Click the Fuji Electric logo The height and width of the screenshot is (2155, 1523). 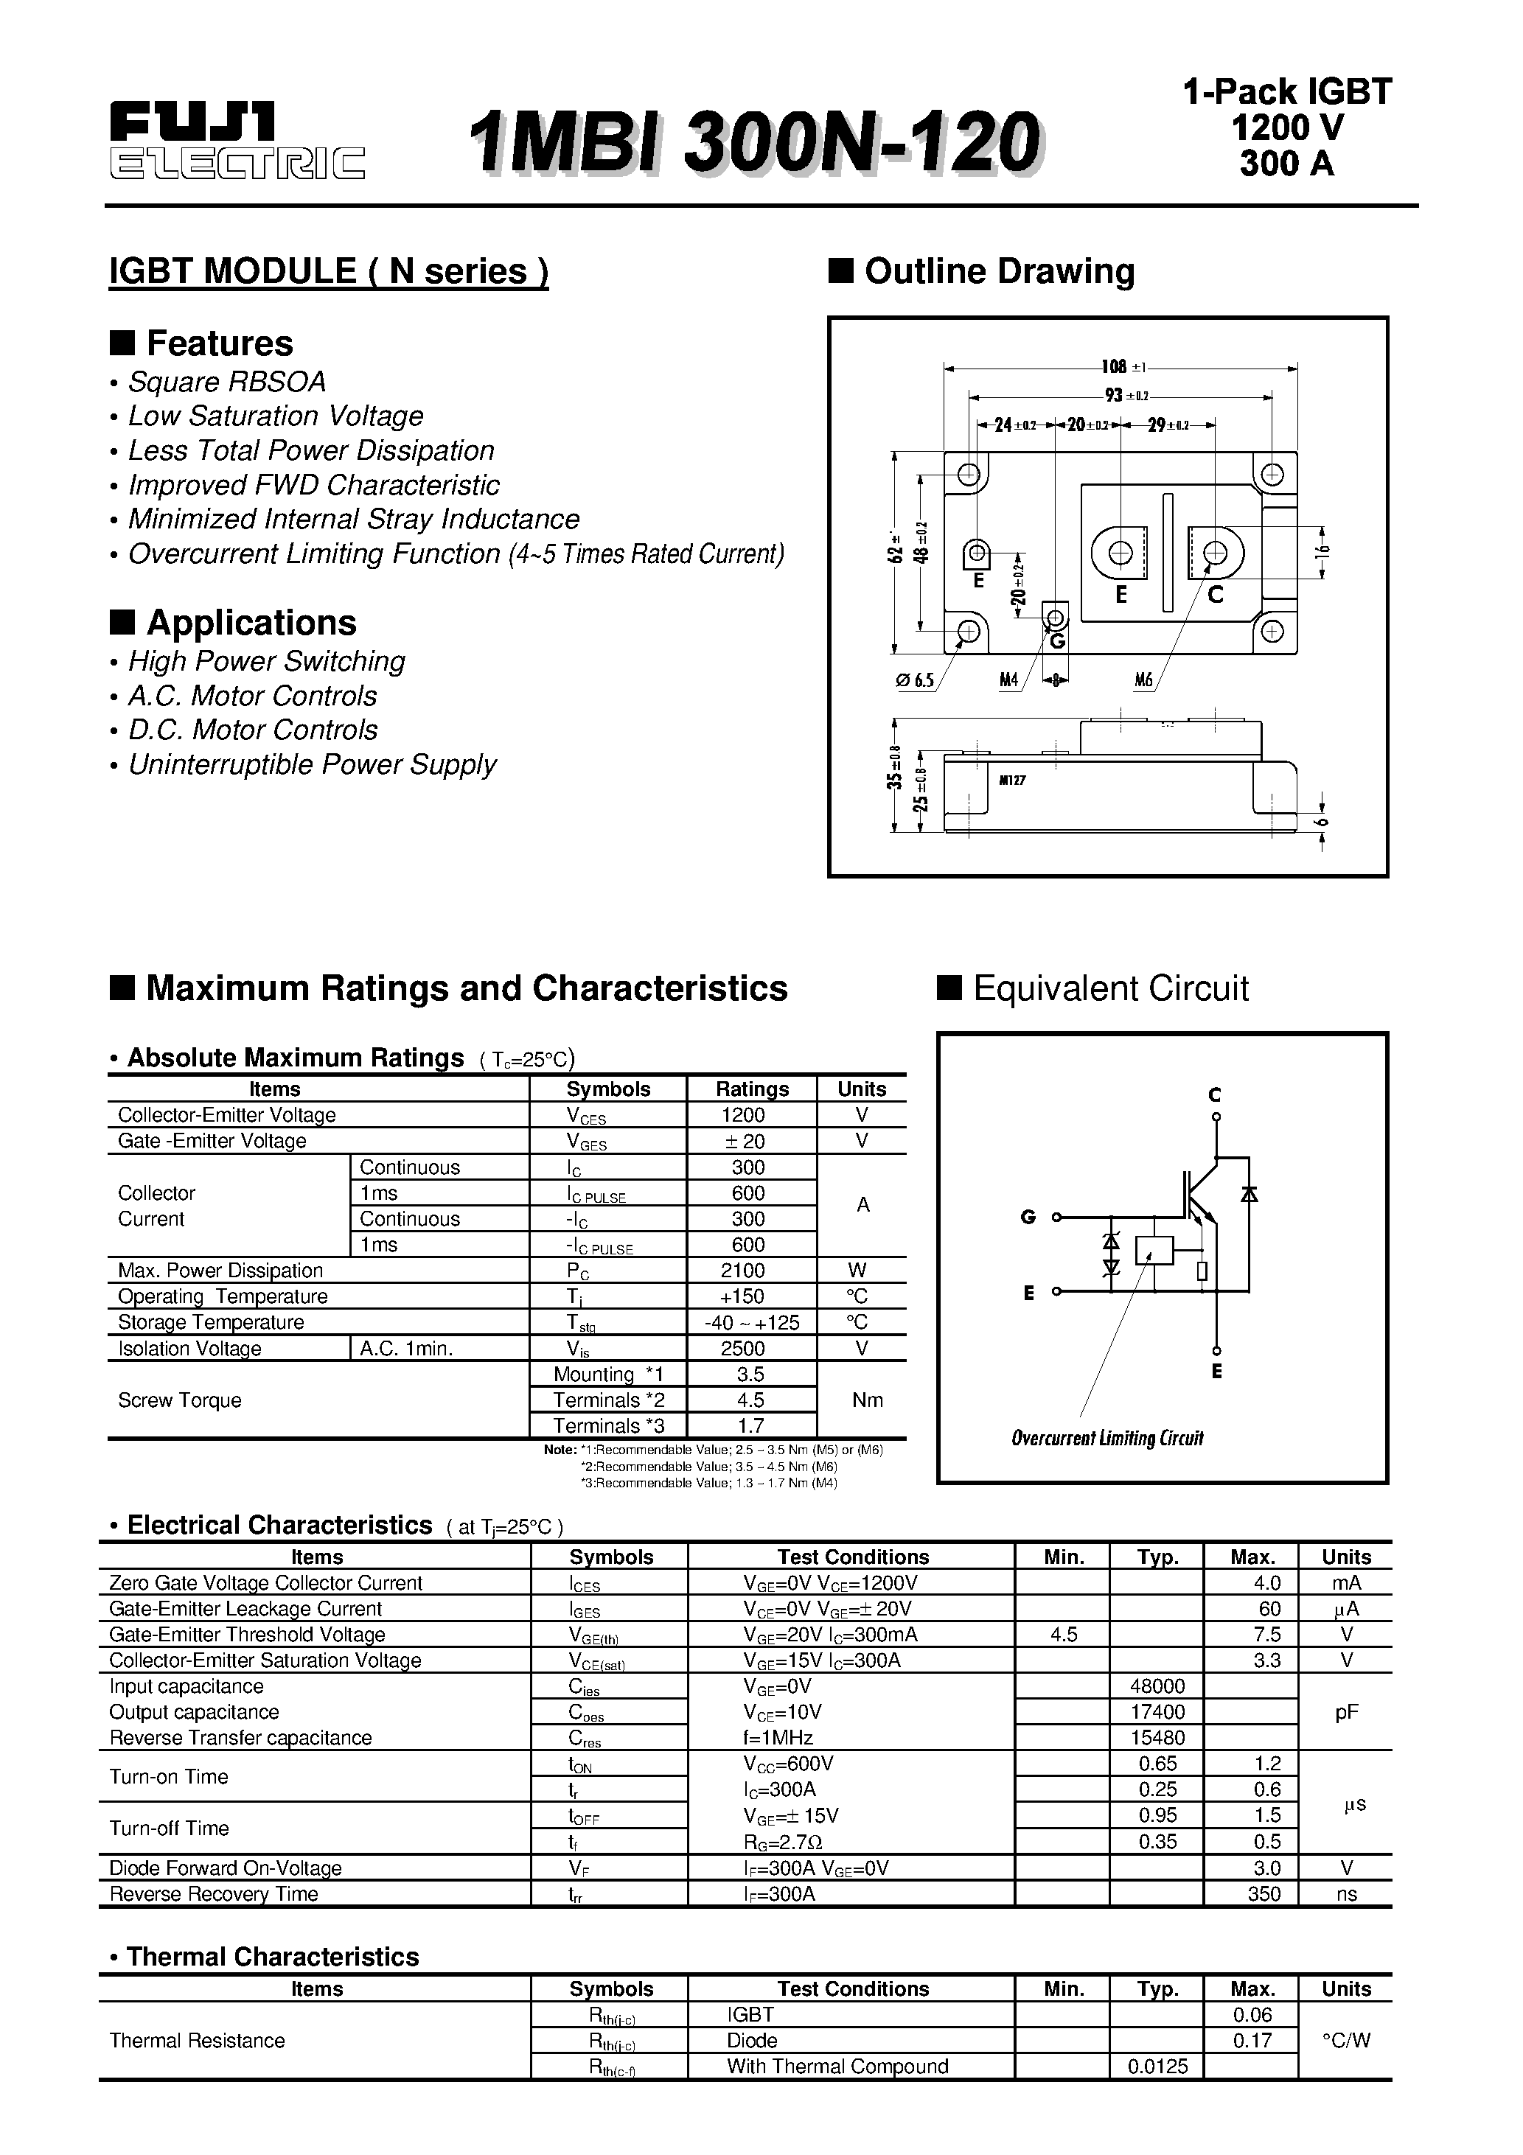coord(237,141)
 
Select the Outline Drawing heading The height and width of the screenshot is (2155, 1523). coord(998,271)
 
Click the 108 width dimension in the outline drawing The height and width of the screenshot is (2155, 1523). coord(1115,367)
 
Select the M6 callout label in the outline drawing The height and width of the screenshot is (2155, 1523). coord(1143,680)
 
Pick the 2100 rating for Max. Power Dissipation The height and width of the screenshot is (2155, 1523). coord(750,1271)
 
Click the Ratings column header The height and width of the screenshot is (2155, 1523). coord(751,1089)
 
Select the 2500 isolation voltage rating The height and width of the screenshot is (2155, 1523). coord(750,1349)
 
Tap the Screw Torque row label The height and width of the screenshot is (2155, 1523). coord(179,1400)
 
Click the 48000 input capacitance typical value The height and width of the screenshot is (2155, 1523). coord(1158,1687)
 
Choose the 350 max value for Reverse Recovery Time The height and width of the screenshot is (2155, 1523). coord(1264,1894)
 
